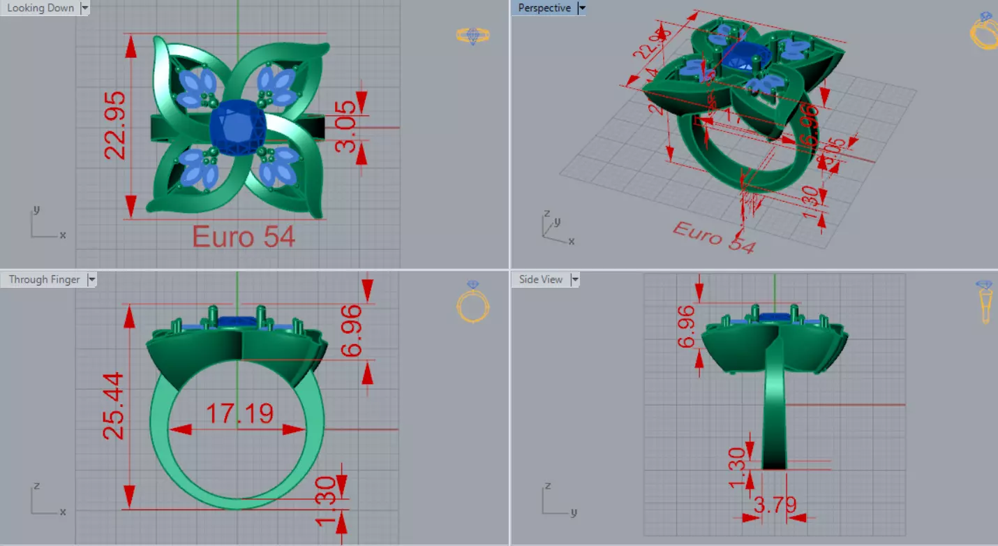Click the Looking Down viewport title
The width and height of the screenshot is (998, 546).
coord(40,8)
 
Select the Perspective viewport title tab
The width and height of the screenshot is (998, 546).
coord(544,8)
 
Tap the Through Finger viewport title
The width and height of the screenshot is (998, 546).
coord(44,279)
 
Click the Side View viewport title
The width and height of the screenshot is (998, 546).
coord(540,279)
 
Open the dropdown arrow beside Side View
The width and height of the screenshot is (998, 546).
coord(575,279)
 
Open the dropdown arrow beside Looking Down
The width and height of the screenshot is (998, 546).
coord(84,8)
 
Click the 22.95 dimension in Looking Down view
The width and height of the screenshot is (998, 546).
coord(115,124)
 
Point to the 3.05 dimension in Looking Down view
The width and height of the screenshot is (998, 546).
coord(345,127)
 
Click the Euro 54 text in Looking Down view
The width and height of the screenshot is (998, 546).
coord(243,237)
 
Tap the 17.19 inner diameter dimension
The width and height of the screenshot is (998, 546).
coord(239,414)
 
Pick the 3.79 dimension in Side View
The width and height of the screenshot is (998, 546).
coord(775,504)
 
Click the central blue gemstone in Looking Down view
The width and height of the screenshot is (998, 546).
coord(239,126)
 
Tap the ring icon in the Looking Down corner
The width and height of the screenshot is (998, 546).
coord(472,35)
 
